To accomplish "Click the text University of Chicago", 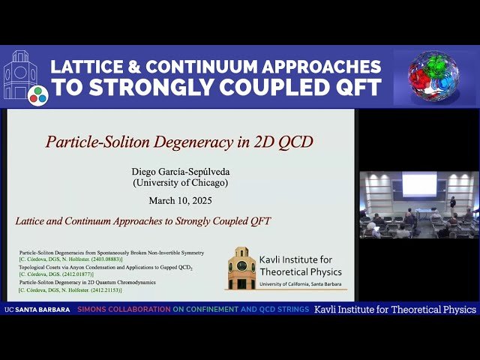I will (x=180, y=182).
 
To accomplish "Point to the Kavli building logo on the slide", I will (x=241, y=267).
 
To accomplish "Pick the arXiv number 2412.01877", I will (x=75, y=274).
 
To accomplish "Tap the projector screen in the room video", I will (x=418, y=184).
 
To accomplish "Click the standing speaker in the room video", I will (x=452, y=204).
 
